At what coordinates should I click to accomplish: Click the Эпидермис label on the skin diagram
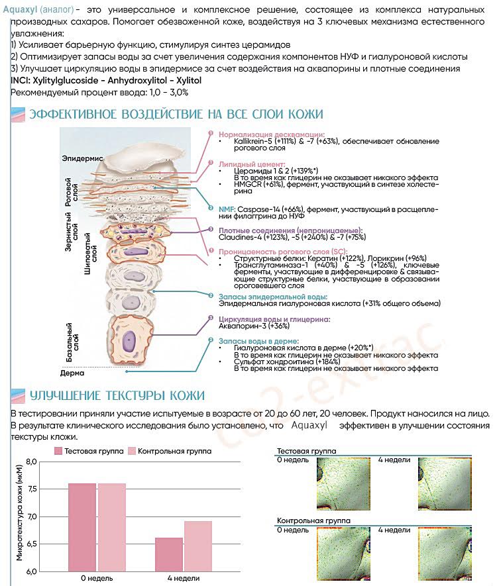82,159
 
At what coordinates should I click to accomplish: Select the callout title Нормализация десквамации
272,134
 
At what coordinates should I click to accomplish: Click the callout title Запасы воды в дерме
258,340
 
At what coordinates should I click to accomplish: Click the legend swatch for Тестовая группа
59,451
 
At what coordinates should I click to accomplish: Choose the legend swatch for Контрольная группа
132,451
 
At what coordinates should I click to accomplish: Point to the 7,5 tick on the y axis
31,489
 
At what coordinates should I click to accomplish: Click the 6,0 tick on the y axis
31,571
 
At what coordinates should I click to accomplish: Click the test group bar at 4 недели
169,554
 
